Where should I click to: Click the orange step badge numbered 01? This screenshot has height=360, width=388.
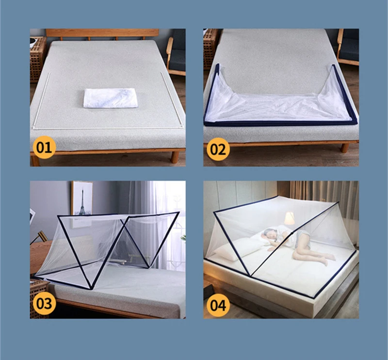click(44, 147)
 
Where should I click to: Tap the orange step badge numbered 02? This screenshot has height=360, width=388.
click(218, 148)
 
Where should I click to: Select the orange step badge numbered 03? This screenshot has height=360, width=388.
click(44, 303)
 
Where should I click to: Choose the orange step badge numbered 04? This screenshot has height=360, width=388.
click(218, 304)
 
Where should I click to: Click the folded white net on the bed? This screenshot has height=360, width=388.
click(111, 97)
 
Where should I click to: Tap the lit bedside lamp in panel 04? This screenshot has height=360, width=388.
click(290, 219)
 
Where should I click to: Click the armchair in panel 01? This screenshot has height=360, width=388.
click(176, 53)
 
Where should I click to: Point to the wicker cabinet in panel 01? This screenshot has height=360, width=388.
click(37, 58)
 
